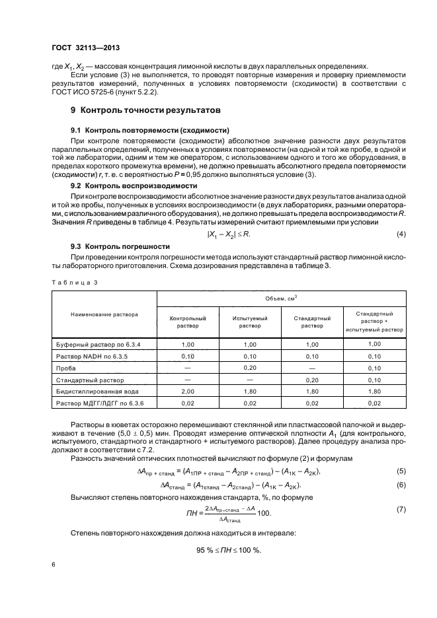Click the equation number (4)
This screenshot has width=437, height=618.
pos(400,234)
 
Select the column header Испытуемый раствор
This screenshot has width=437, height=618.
pos(250,322)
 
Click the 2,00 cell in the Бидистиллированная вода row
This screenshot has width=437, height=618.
pos(187,391)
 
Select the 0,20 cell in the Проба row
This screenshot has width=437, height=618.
pos(250,368)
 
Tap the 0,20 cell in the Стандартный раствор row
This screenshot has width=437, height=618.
pos(312,380)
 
